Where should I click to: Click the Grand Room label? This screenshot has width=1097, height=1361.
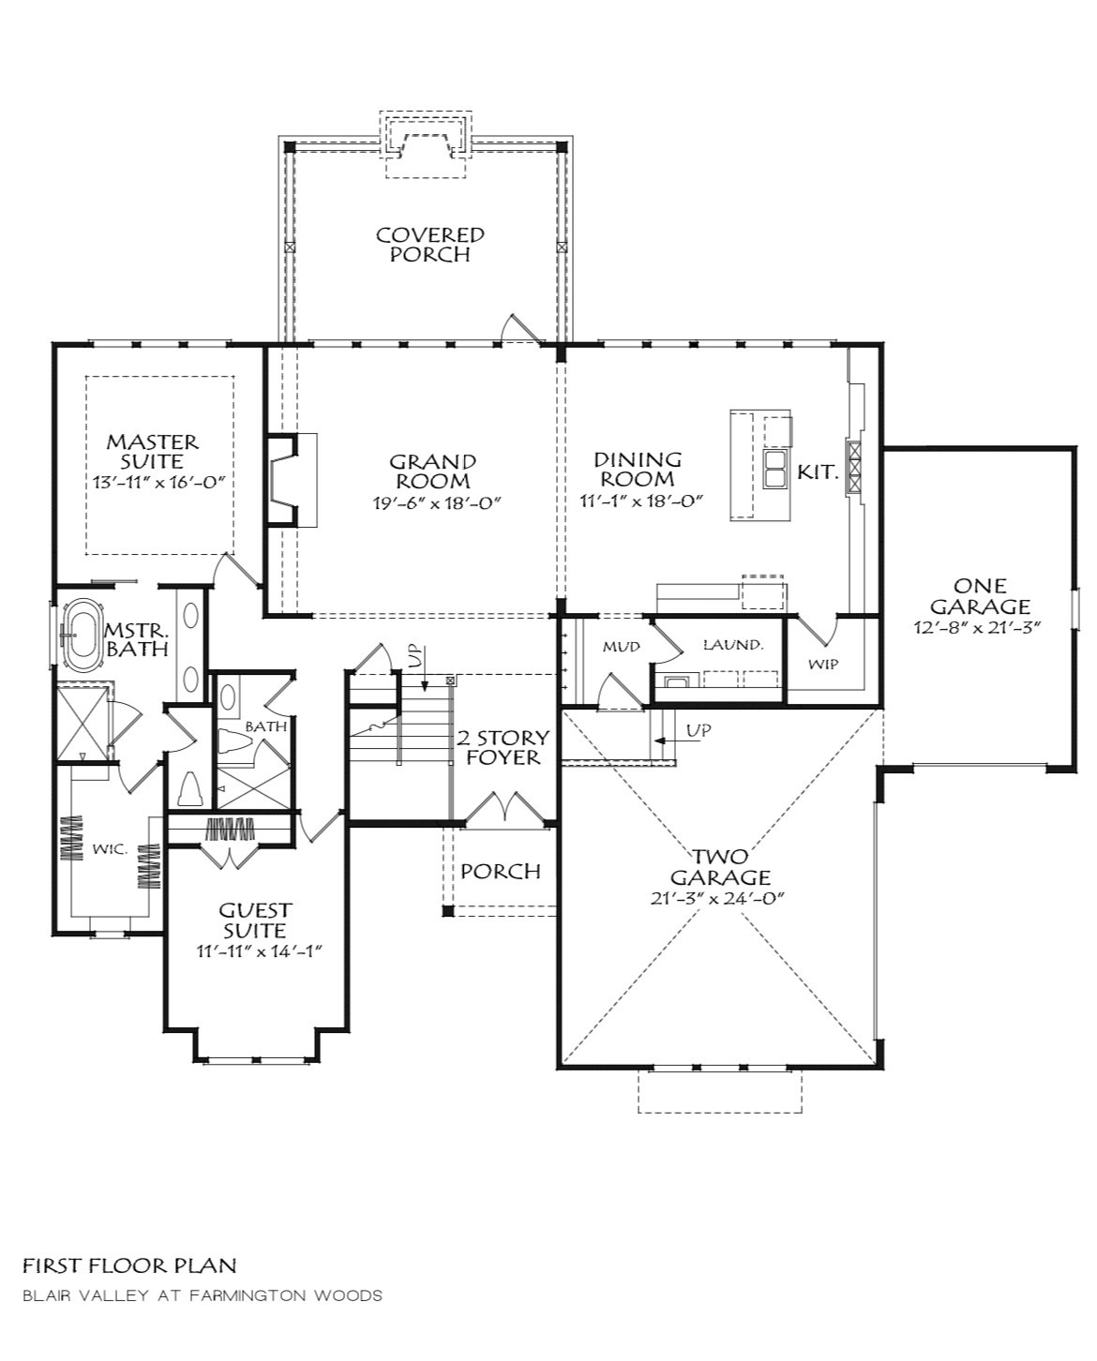pyautogui.click(x=433, y=471)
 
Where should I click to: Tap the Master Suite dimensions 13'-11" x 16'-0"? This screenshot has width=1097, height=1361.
pyautogui.click(x=158, y=482)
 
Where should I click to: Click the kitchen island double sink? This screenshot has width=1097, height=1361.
pyautogui.click(x=774, y=469)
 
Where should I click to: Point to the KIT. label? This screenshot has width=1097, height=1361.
pyautogui.click(x=818, y=471)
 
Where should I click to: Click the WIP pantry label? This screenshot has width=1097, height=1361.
pyautogui.click(x=823, y=664)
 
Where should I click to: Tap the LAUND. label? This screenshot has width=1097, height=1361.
pyautogui.click(x=732, y=645)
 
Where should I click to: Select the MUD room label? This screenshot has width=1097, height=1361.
pyautogui.click(x=621, y=647)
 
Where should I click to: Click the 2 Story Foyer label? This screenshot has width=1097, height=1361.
pyautogui.click(x=503, y=747)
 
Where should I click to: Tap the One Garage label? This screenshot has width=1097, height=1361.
pyautogui.click(x=980, y=596)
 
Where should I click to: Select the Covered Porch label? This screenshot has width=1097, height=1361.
pyautogui.click(x=429, y=245)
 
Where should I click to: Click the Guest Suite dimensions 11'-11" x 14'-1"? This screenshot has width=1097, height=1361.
pyautogui.click(x=260, y=951)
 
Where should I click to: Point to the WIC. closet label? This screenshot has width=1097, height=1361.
pyautogui.click(x=110, y=849)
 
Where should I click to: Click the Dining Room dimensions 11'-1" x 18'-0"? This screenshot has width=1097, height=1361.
pyautogui.click(x=642, y=501)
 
